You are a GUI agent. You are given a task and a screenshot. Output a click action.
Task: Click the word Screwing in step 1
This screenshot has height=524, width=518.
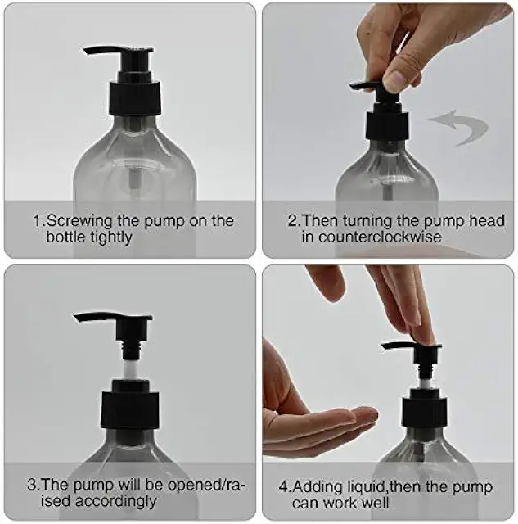coord(79,221)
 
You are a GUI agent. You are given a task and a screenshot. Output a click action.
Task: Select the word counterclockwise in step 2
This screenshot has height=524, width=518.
coord(380,237)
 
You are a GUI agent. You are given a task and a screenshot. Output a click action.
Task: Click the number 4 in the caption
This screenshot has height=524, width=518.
coord(283,486)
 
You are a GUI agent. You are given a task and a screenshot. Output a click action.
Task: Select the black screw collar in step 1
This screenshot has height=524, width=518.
coord(135,97)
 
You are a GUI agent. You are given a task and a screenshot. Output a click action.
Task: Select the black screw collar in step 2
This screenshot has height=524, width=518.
coord(387,125)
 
